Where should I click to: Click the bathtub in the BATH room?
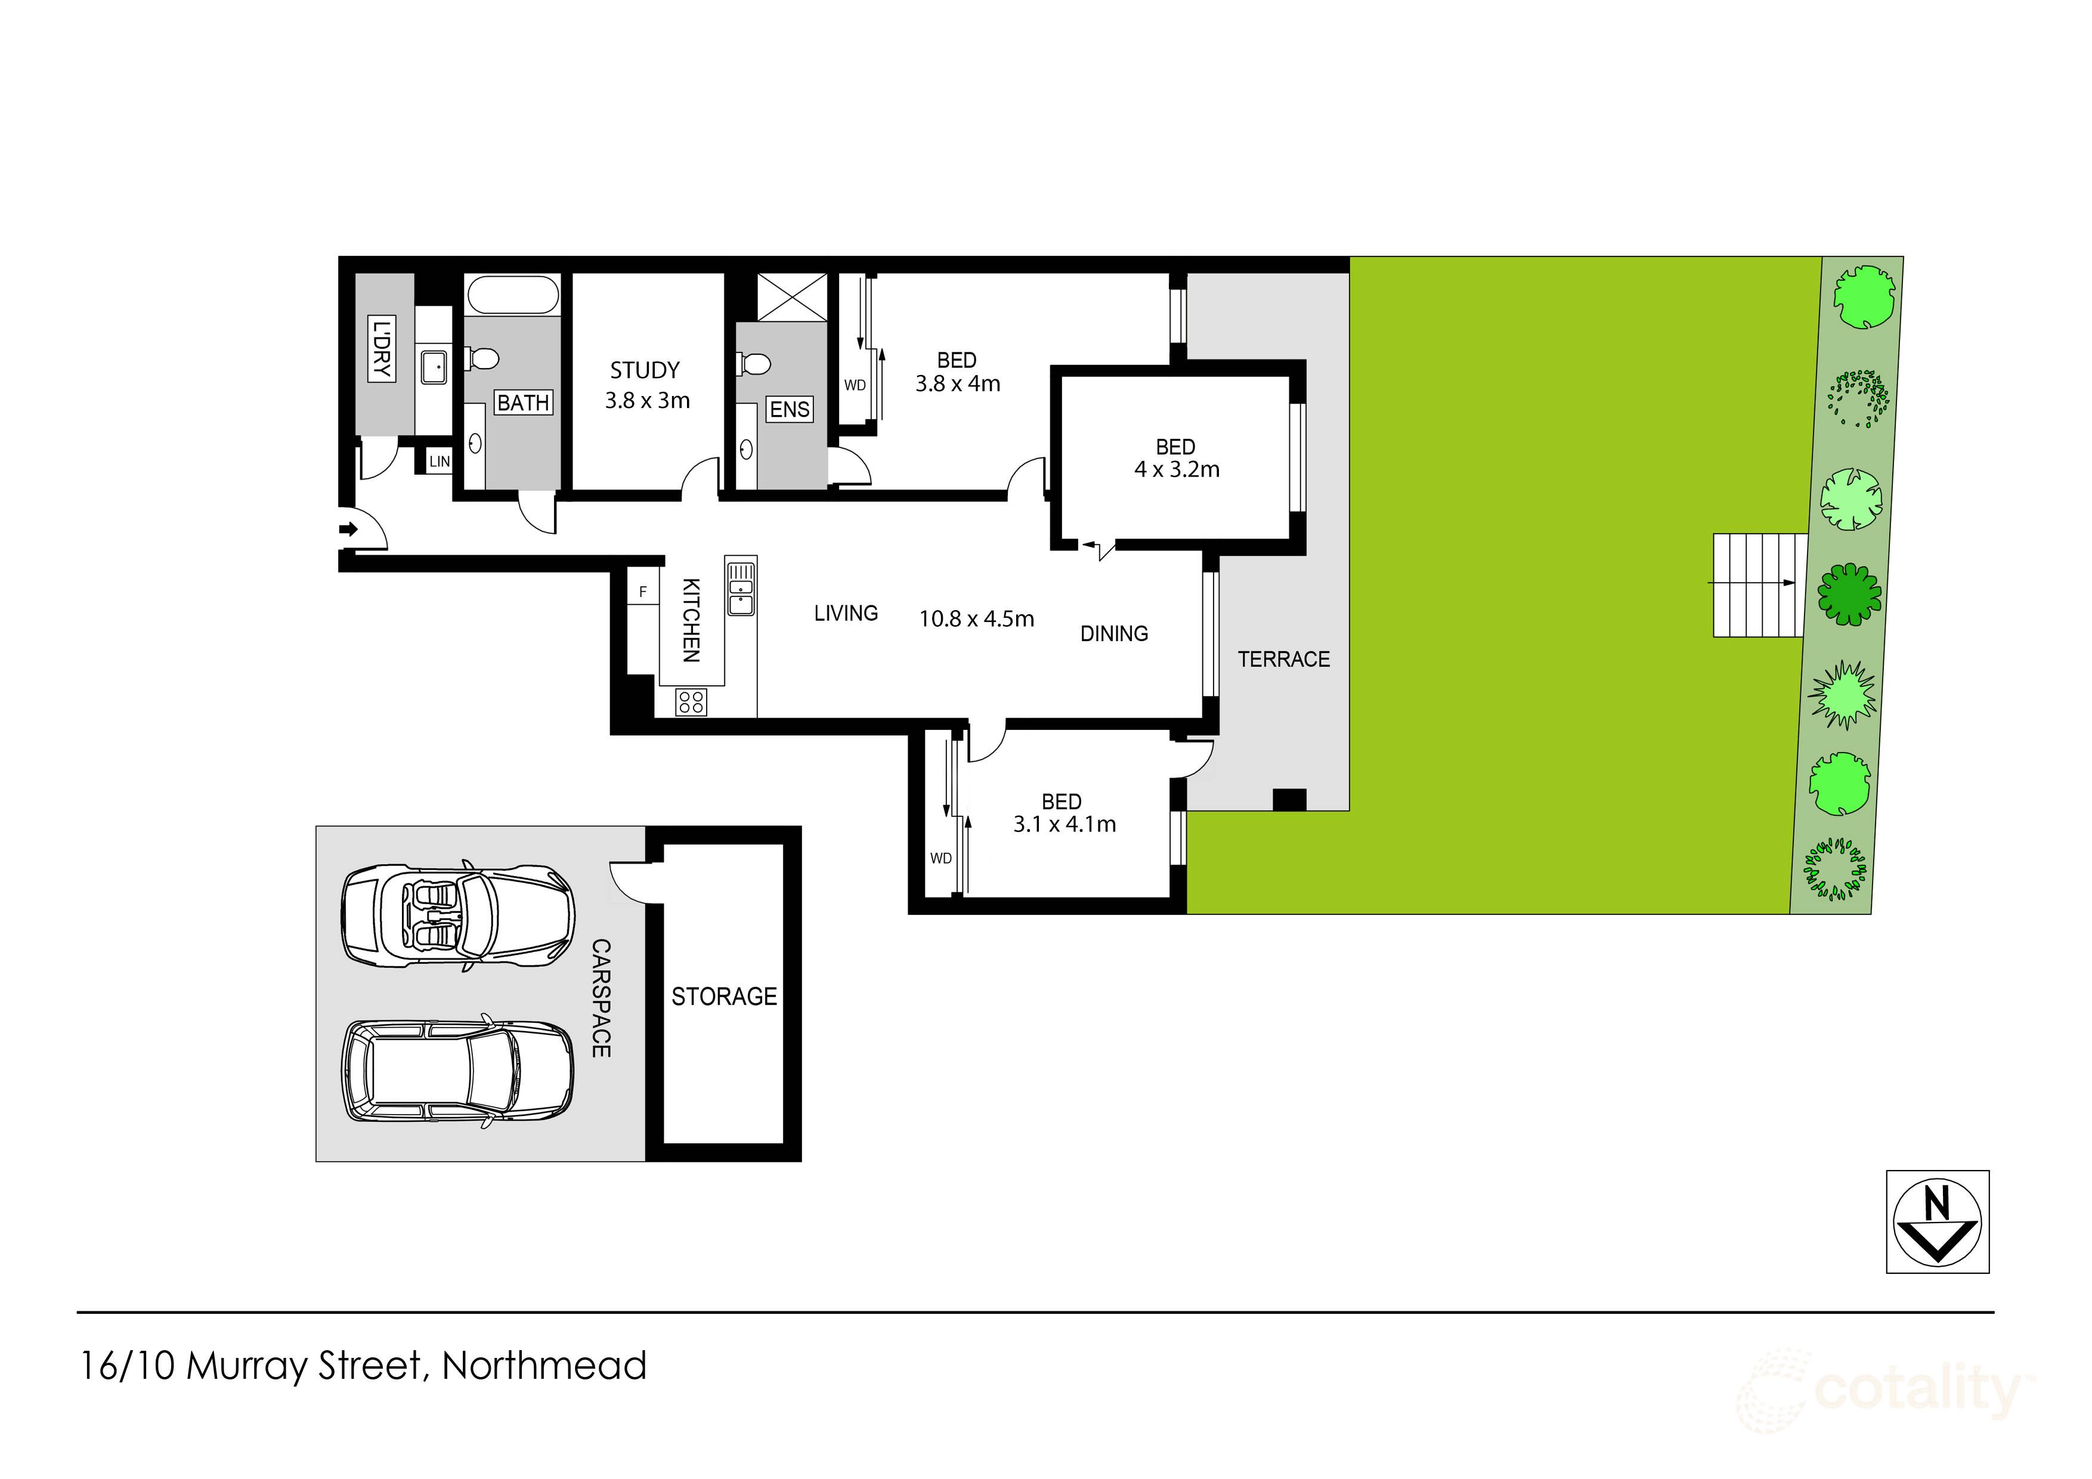pos(512,295)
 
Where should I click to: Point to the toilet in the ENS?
pos(754,364)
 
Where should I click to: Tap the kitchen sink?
pos(741,587)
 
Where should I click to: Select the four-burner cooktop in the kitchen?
pos(691,702)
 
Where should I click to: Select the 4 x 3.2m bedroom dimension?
pos(1176,470)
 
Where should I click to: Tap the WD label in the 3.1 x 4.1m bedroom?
pos(940,858)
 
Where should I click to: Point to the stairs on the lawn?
pos(1757,585)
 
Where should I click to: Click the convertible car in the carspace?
pos(457,916)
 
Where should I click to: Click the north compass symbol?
pos(1937,1222)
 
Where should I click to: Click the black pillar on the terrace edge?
pos(1288,799)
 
